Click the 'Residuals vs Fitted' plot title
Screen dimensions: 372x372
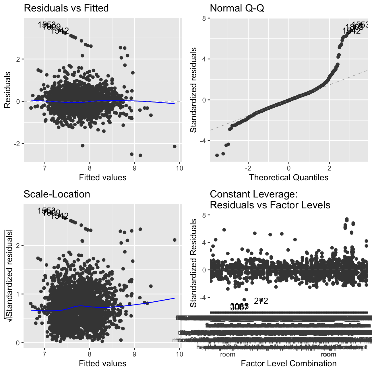pyautogui.click(x=66, y=8)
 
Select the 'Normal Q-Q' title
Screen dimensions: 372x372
pyautogui.click(x=237, y=8)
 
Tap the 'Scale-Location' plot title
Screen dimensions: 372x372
pyautogui.click(x=57, y=194)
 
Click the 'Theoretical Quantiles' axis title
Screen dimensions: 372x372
pyautogui.click(x=288, y=177)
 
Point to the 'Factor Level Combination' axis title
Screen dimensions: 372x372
pyautogui.click(x=288, y=363)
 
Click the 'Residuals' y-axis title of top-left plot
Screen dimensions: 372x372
pyautogui.click(x=8, y=90)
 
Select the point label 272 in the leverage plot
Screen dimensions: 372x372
pyautogui.click(x=261, y=301)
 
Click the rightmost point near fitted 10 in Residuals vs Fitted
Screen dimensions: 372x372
pyautogui.click(x=175, y=146)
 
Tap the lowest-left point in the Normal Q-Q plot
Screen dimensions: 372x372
pyautogui.click(x=217, y=155)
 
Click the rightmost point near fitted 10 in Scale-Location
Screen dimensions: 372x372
pyautogui.click(x=175, y=240)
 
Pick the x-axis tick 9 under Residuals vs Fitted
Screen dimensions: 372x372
pyautogui.click(x=135, y=168)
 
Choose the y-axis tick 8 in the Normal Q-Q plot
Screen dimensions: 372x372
pyautogui.click(x=204, y=18)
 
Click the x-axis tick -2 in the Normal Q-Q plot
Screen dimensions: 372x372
pyautogui.click(x=248, y=168)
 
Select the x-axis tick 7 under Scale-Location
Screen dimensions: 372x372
pyautogui.click(x=45, y=354)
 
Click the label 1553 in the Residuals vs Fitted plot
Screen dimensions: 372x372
pyautogui.click(x=46, y=25)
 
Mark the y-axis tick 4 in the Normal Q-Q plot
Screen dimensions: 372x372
pyautogui.click(x=204, y=59)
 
